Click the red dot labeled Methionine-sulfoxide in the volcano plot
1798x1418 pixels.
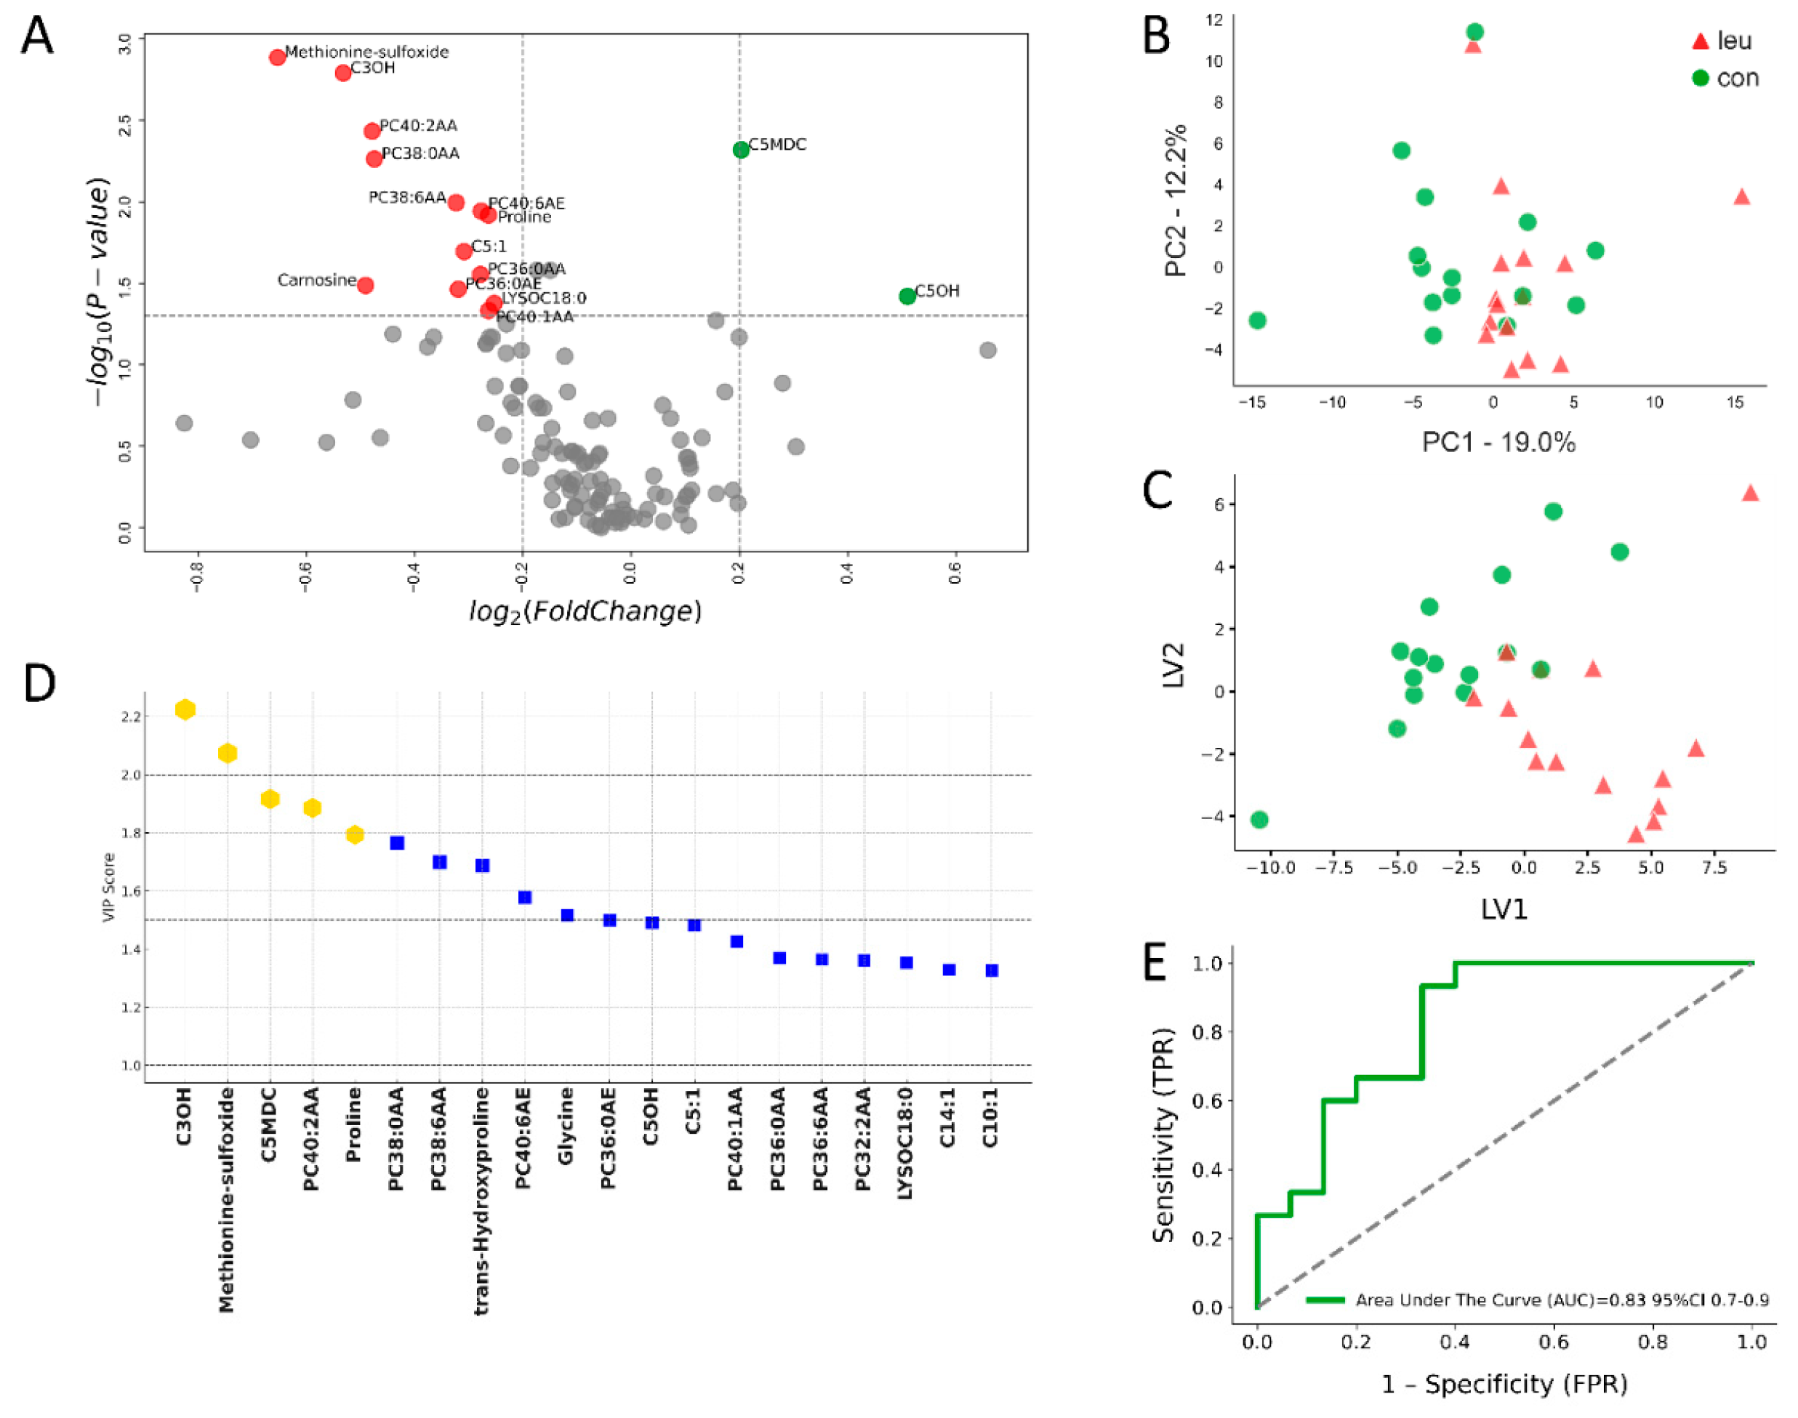278,57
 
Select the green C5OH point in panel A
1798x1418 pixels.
907,296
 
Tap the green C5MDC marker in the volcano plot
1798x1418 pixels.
741,150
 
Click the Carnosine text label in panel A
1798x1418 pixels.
316,280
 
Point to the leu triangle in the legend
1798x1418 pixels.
1700,41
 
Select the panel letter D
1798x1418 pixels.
39,683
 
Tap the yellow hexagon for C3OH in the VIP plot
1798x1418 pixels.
185,709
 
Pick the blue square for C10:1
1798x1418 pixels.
991,970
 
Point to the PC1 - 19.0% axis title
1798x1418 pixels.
1498,443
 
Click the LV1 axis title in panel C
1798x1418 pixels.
1503,909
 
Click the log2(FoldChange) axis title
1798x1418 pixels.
585,611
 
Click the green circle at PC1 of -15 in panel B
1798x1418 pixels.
1256,321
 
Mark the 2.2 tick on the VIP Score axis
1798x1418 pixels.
131,717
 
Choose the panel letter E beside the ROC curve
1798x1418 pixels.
1155,963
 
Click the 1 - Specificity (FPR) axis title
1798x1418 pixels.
1503,1384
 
